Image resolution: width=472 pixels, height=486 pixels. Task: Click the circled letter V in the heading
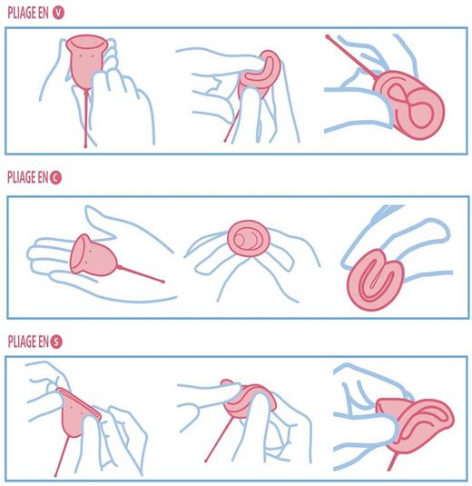[x=58, y=13]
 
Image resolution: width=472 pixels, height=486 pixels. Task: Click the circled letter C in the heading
[x=55, y=178]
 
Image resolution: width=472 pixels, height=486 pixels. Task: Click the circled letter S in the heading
[x=56, y=342]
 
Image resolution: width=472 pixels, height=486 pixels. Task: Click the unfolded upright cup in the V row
[x=84, y=62]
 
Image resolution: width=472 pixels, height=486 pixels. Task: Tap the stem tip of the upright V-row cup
[x=85, y=145]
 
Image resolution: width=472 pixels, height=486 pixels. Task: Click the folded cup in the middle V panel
[x=261, y=74]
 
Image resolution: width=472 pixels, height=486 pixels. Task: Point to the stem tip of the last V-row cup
[x=328, y=37]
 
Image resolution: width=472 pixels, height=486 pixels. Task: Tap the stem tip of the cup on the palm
[x=162, y=282]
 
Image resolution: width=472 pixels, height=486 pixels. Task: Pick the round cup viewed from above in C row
[x=249, y=238]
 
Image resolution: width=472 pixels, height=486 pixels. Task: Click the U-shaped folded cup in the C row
[x=375, y=279]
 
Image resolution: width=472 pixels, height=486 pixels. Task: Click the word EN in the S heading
[x=44, y=342]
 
